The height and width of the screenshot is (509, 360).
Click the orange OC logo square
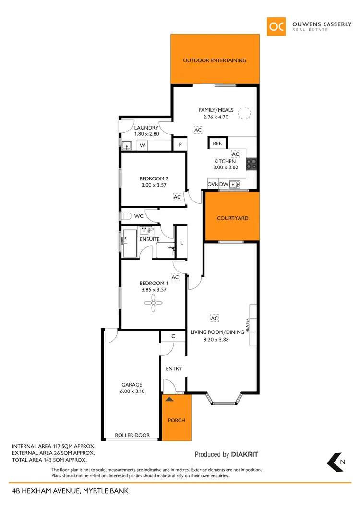click(x=276, y=27)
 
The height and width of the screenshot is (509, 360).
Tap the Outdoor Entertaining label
click(x=215, y=60)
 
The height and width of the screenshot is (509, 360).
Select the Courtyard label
click(x=233, y=218)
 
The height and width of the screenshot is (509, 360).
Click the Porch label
click(x=176, y=420)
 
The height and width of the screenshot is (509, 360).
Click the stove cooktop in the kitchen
click(x=251, y=164)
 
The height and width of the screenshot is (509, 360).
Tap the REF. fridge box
click(x=217, y=143)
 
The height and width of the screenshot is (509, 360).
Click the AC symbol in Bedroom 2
click(x=177, y=197)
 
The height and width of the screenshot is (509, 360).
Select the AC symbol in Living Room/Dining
click(x=215, y=318)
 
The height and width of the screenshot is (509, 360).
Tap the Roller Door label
click(x=132, y=435)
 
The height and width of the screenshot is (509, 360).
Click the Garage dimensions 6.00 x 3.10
click(x=132, y=391)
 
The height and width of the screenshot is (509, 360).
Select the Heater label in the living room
click(x=248, y=325)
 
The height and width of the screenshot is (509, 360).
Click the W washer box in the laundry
click(x=143, y=145)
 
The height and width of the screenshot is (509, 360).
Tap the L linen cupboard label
click(x=182, y=243)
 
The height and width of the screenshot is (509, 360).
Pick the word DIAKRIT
click(x=246, y=454)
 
